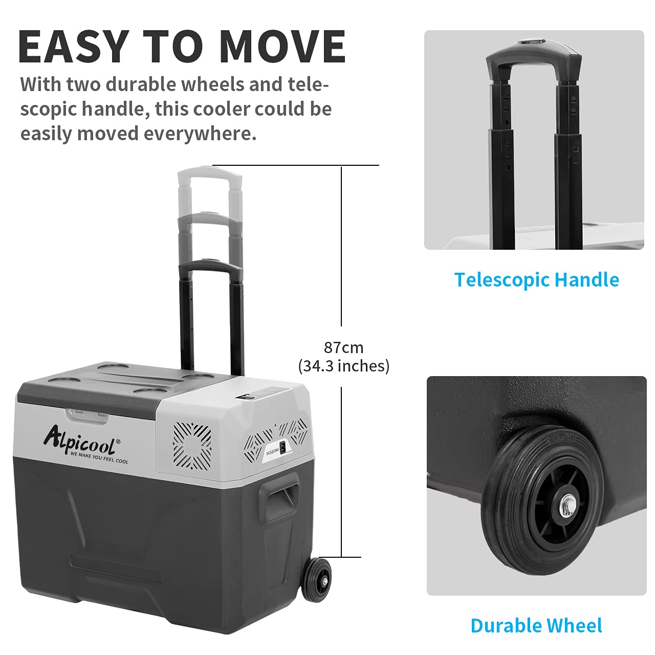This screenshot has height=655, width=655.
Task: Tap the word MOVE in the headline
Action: coord(282,47)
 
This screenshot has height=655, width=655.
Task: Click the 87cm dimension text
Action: coord(343,347)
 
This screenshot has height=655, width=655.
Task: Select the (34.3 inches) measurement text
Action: coord(343,366)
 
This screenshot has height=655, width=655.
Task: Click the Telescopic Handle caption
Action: coord(536,280)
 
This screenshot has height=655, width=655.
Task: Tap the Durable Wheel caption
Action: coord(536,626)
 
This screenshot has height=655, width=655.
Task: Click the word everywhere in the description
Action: coord(200,134)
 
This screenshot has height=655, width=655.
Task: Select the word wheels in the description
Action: coord(210,84)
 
